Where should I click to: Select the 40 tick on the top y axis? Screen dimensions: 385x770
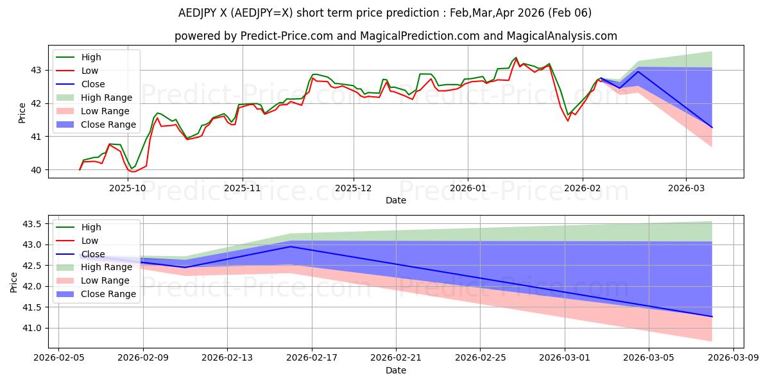tap(36, 170)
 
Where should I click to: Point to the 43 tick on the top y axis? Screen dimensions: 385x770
tap(36, 70)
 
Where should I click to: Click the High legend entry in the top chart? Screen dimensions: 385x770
tap(90, 57)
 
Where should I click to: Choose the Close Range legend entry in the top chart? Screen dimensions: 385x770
tap(108, 124)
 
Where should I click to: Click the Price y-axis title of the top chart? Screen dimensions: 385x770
tap(22, 113)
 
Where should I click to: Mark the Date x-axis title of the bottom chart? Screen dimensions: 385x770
tap(396, 370)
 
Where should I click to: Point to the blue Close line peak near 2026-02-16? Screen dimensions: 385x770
tap(291, 246)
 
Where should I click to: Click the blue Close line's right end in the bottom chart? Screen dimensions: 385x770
tap(712, 316)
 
